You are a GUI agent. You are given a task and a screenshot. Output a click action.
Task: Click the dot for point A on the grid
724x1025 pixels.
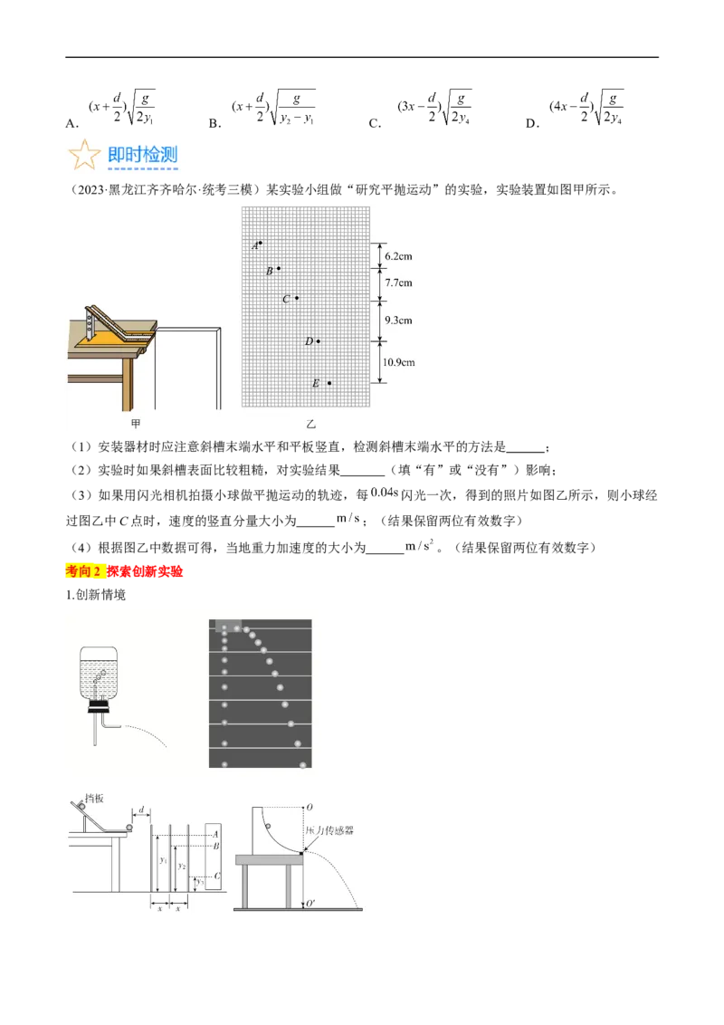(x=261, y=243)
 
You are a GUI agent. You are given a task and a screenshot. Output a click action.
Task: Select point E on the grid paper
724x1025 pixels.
(x=329, y=383)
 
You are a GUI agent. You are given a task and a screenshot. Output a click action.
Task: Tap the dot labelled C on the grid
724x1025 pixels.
(x=297, y=298)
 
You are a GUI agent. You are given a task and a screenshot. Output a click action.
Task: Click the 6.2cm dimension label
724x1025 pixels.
(x=398, y=256)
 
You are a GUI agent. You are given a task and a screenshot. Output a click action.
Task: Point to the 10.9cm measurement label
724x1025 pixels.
(x=398, y=362)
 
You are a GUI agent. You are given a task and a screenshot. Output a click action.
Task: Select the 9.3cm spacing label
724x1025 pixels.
(x=398, y=320)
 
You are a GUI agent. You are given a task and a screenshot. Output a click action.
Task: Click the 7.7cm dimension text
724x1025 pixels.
(x=398, y=283)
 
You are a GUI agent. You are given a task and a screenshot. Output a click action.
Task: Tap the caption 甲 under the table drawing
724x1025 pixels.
(x=137, y=423)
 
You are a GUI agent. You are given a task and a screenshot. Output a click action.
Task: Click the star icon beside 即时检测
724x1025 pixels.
(x=83, y=156)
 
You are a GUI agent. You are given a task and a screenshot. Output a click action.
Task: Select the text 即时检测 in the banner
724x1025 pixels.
(x=142, y=155)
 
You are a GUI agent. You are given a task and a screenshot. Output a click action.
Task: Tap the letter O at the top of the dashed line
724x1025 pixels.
(x=310, y=806)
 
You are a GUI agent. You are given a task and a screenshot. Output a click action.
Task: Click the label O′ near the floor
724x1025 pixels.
(x=310, y=905)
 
